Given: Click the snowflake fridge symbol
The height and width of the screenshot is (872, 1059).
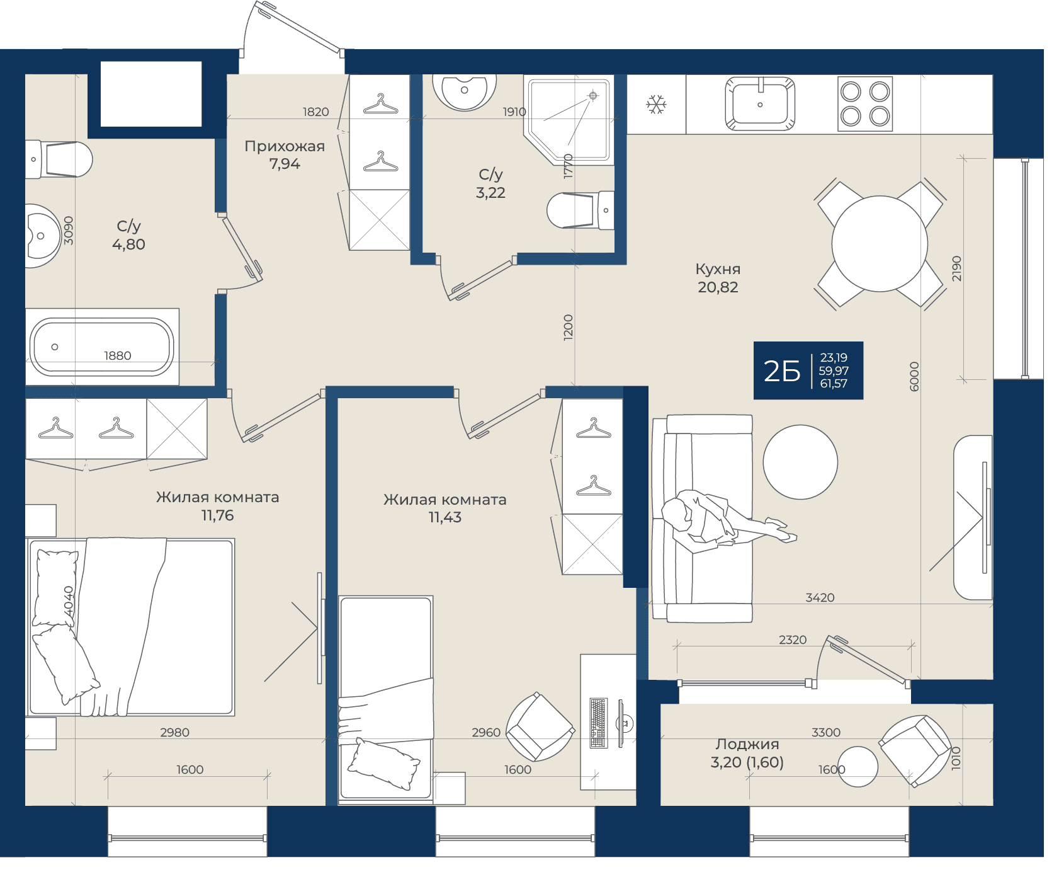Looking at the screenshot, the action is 656,104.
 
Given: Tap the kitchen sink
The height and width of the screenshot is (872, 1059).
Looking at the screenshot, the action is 760,103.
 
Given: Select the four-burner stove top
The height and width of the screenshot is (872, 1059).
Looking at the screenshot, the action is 865,104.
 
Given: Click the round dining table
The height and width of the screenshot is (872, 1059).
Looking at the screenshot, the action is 880,244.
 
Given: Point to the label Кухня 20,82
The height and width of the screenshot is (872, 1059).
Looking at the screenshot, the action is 718,278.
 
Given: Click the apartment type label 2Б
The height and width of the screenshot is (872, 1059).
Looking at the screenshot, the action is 781,371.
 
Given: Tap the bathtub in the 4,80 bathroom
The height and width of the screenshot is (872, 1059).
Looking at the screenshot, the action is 103,347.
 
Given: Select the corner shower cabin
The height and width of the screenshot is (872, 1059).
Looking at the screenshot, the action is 568,120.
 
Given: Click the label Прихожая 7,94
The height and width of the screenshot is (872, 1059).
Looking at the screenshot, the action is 285,155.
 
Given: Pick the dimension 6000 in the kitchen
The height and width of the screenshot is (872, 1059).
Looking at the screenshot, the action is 914,376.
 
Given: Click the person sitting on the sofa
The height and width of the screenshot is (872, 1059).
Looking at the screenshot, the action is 724,519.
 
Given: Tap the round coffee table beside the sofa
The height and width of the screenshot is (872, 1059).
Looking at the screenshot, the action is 800,462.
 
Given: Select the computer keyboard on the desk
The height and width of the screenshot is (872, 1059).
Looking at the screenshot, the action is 599,723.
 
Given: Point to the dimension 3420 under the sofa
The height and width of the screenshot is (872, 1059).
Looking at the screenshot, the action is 820,597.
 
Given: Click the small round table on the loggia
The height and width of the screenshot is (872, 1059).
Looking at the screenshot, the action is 858,766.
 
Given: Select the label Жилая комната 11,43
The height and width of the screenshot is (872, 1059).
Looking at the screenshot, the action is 445,508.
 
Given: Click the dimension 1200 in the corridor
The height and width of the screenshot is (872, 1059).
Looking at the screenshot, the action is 568,328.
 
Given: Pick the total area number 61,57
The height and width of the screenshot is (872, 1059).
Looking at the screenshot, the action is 834,383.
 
